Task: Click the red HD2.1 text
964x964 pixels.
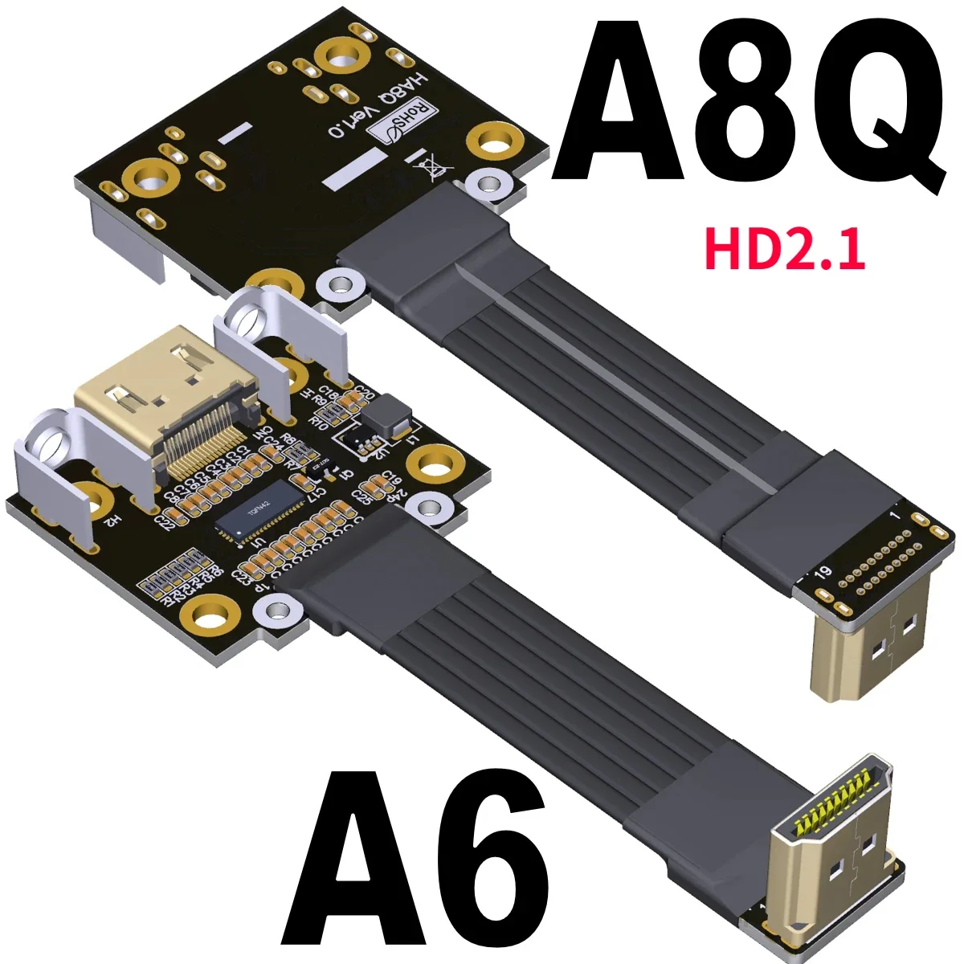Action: [784, 248]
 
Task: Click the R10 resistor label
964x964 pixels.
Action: [319, 420]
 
